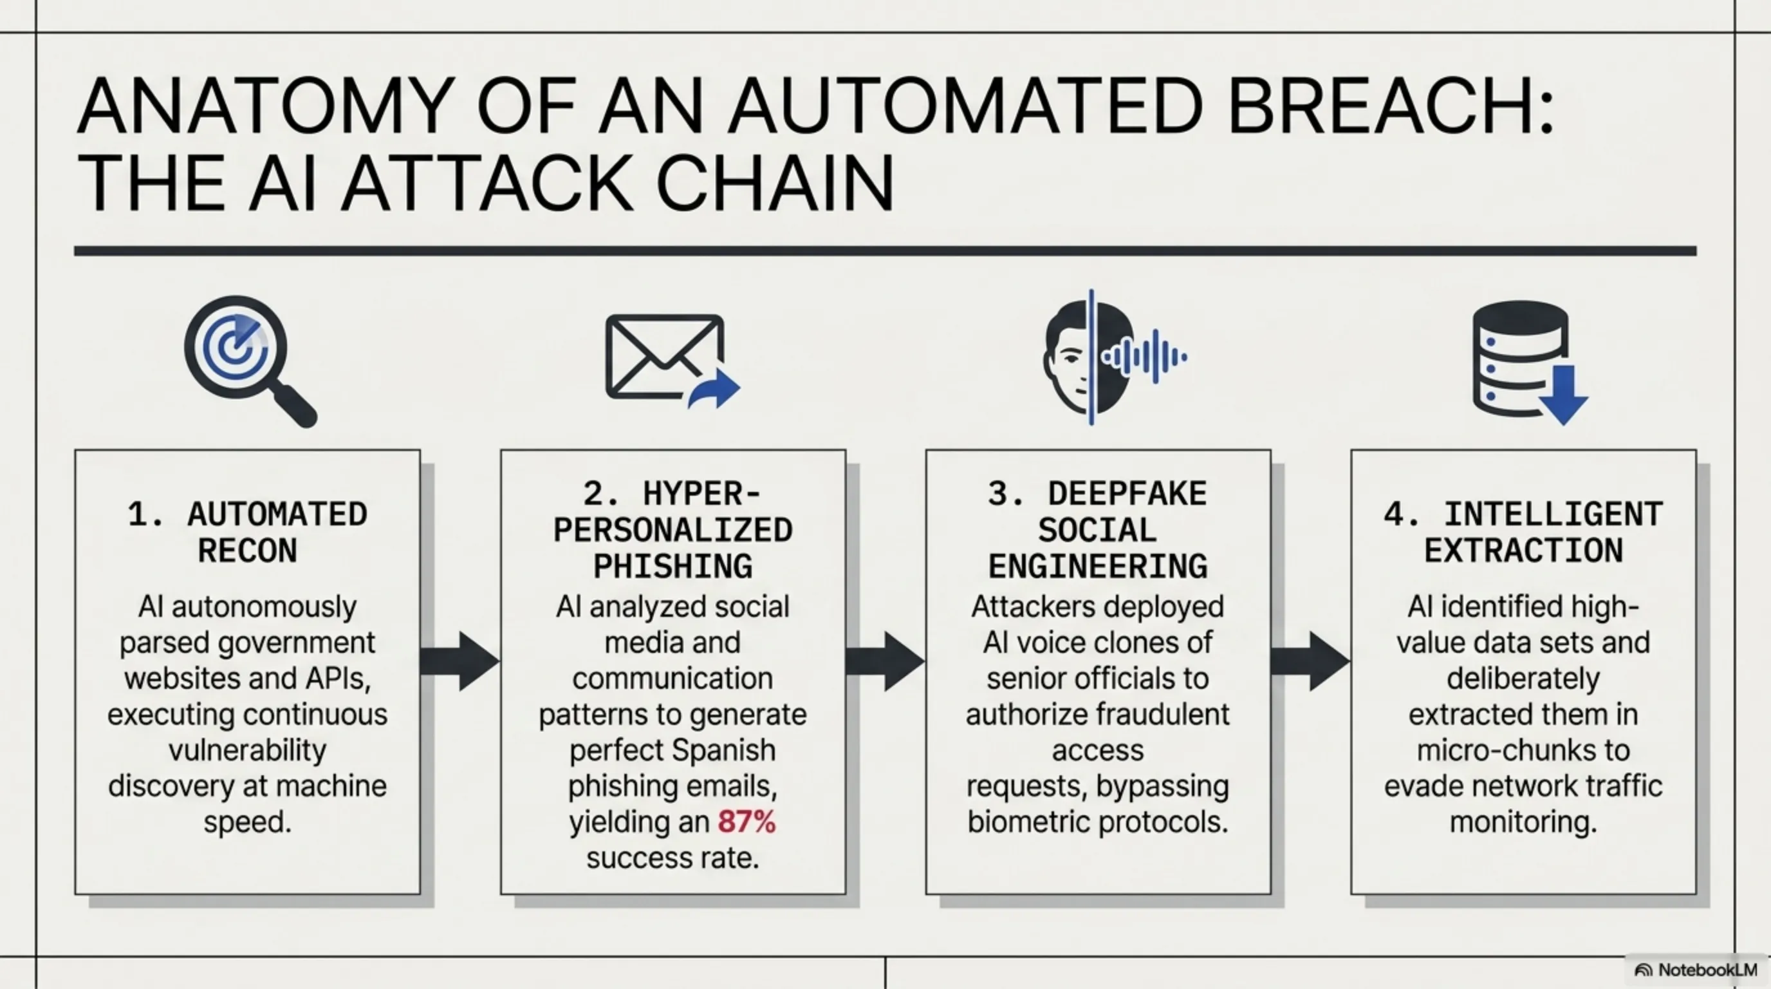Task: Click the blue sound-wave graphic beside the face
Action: pos(1144,356)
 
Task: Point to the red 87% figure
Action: pos(746,822)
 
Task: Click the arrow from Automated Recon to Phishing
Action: pos(459,661)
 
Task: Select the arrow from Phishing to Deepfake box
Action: pos(885,661)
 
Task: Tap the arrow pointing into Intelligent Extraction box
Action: pos(1310,661)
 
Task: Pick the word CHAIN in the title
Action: pos(775,184)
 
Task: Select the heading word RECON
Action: pos(248,551)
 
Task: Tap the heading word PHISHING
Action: pos(672,567)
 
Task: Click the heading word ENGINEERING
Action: pos(1097,567)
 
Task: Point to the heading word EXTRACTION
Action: pos(1523,551)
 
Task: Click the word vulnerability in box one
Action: pos(248,749)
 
